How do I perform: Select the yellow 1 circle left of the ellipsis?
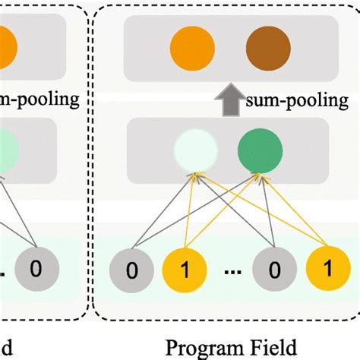tap(181, 269)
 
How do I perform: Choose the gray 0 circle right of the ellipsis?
tap(272, 269)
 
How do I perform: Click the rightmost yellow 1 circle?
tap(324, 269)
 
